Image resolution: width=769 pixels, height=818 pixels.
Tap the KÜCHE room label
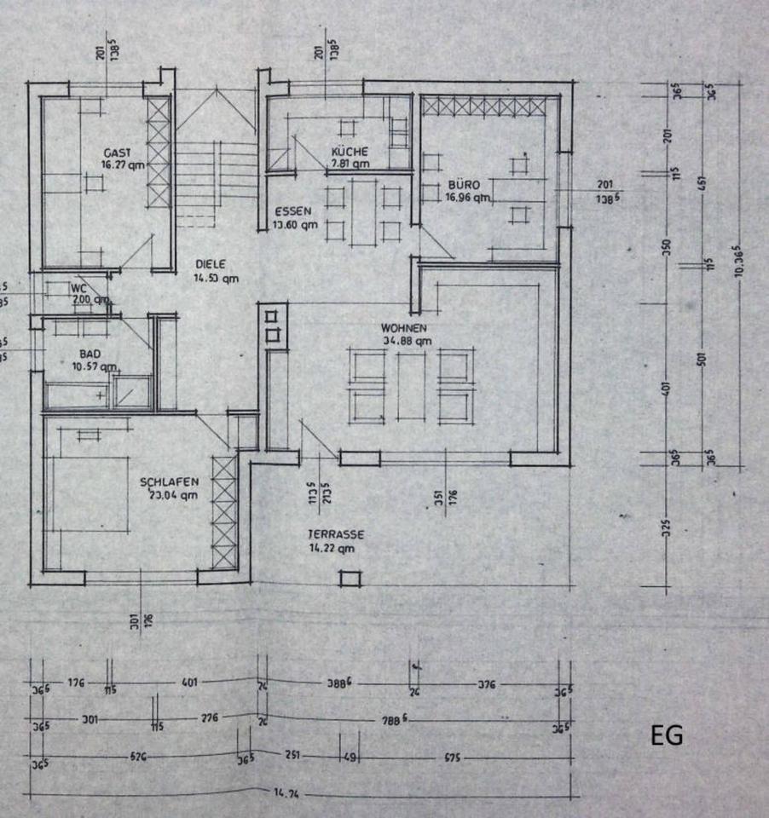point(350,151)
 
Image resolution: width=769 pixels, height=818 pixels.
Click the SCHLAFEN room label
point(170,482)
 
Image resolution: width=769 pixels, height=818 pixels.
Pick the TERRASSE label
point(337,535)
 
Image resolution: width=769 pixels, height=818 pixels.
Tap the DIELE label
point(210,264)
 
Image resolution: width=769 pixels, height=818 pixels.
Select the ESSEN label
point(292,212)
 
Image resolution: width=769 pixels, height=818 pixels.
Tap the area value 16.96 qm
point(464,198)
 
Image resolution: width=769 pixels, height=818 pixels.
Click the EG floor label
point(667,736)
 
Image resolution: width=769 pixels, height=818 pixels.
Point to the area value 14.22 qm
point(333,550)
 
